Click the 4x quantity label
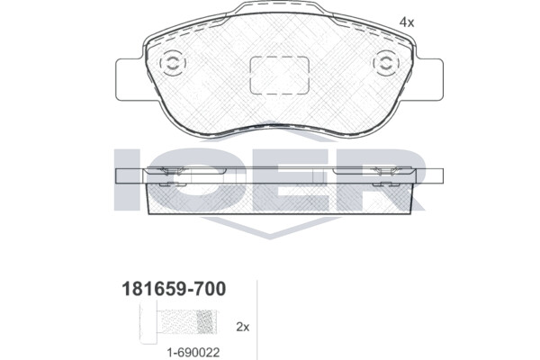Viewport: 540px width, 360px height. click(x=407, y=22)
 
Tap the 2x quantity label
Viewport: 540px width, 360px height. click(x=242, y=327)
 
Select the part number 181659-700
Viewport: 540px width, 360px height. click(x=174, y=289)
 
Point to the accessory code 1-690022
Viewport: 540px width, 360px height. click(x=193, y=353)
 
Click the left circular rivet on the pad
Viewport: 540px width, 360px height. click(x=173, y=63)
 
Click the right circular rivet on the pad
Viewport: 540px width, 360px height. click(x=386, y=63)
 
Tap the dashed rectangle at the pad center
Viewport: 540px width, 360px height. click(x=279, y=75)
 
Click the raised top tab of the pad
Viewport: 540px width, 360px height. click(x=279, y=7)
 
